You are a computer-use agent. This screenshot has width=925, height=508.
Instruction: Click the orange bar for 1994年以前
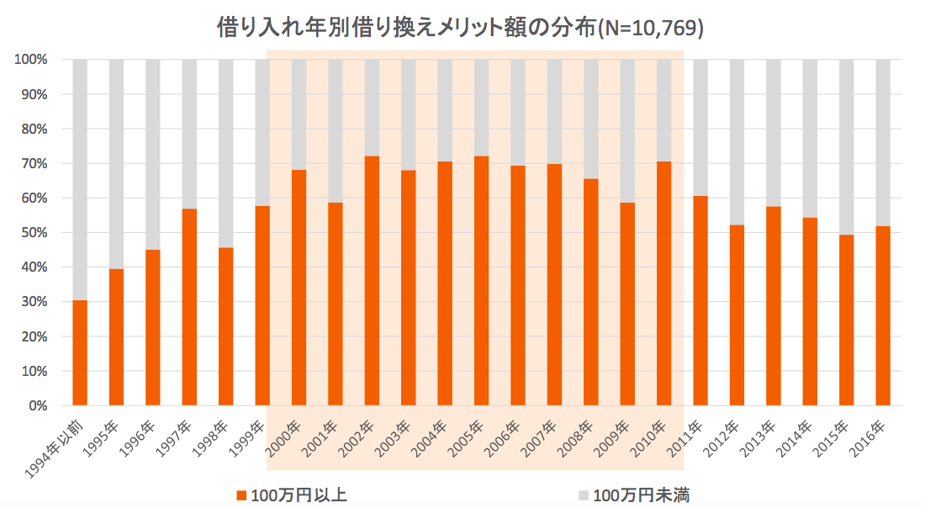click(80, 353)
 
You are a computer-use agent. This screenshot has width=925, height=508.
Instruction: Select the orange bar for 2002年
click(372, 281)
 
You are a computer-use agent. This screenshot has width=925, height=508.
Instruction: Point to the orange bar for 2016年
click(883, 315)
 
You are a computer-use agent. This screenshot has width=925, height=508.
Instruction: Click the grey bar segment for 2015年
click(846, 147)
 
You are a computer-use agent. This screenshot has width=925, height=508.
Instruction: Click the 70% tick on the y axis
click(34, 164)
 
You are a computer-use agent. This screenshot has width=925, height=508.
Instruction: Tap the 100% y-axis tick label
click(31, 60)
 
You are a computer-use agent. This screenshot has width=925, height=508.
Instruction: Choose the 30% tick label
click(34, 302)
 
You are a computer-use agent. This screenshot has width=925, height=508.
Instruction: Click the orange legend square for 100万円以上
click(242, 495)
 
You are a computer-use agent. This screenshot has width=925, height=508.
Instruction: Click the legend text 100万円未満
click(642, 495)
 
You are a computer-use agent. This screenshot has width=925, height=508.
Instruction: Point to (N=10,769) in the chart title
click(648, 28)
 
